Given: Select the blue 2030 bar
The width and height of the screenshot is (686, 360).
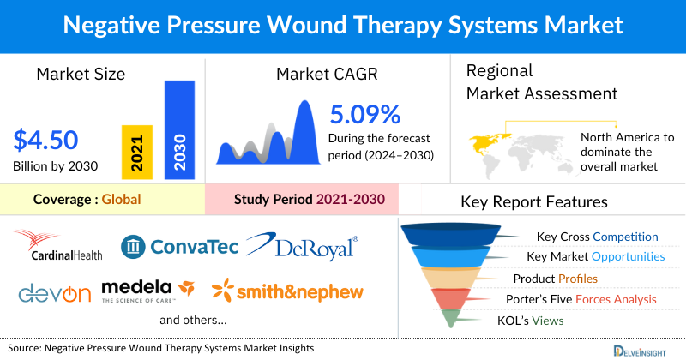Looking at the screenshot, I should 179,129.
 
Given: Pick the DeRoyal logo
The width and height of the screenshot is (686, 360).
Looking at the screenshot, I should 303,247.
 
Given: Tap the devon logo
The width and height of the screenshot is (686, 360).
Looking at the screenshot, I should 54,293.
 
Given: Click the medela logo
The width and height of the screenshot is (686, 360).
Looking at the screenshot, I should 147,291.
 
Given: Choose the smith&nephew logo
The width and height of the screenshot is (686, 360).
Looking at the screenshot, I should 289,291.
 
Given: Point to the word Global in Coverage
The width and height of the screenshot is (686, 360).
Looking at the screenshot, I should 121,199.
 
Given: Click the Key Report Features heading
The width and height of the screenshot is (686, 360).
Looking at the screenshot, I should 534,202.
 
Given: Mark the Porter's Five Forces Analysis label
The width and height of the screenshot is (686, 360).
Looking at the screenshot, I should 586,299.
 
